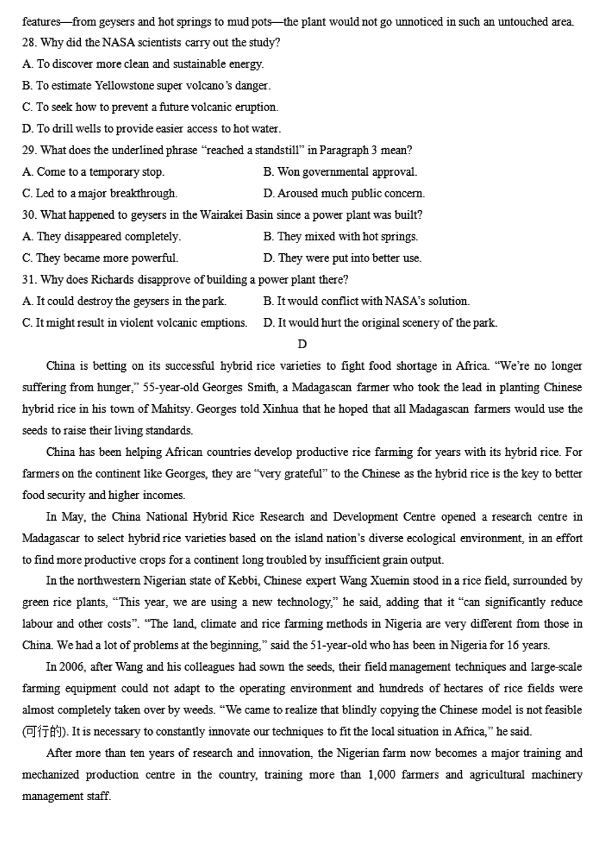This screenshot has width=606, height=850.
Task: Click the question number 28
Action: [29, 43]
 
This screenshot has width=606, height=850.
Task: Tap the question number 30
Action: [29, 216]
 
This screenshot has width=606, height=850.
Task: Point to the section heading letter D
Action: [302, 345]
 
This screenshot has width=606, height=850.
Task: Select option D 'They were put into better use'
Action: [343, 259]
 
